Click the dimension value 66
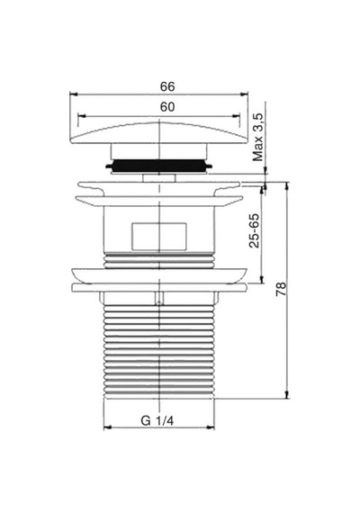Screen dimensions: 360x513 coord(167,86)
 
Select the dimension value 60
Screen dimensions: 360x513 coord(167,107)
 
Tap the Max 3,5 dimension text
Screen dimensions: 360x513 coord(258,137)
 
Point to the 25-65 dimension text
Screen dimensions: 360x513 coord(254,230)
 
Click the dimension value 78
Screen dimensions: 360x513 coord(281,289)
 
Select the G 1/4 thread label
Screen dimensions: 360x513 coord(157,420)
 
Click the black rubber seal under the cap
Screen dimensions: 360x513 coord(158,166)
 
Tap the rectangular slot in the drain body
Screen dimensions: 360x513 coord(159,236)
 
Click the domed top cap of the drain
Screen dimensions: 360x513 coord(158,133)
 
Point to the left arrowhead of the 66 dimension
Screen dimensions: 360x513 coord(73,94)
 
